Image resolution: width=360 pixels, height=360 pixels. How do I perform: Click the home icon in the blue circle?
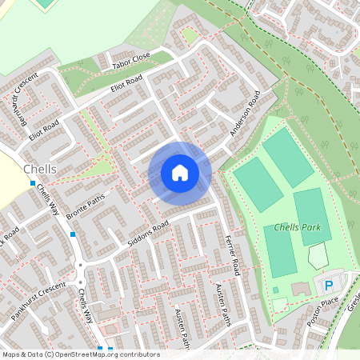[180, 172]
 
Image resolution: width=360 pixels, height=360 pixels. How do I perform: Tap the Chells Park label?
[297, 227]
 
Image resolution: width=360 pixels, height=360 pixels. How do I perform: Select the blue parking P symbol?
[328, 286]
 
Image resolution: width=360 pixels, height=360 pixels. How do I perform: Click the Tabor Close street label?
[131, 58]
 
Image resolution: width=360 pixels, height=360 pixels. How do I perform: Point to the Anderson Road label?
[246, 111]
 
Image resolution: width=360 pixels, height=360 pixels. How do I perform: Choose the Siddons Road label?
[148, 234]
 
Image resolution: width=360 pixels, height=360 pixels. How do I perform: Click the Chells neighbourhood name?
[40, 170]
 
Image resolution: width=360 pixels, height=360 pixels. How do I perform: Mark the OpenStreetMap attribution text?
[81, 354]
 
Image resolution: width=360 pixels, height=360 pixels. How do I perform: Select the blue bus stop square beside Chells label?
[33, 183]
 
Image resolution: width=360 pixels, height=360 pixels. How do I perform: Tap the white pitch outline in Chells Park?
[318, 256]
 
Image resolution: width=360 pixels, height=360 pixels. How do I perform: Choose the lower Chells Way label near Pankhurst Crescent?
[86, 307]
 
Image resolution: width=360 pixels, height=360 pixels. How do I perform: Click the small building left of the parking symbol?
[301, 288]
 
